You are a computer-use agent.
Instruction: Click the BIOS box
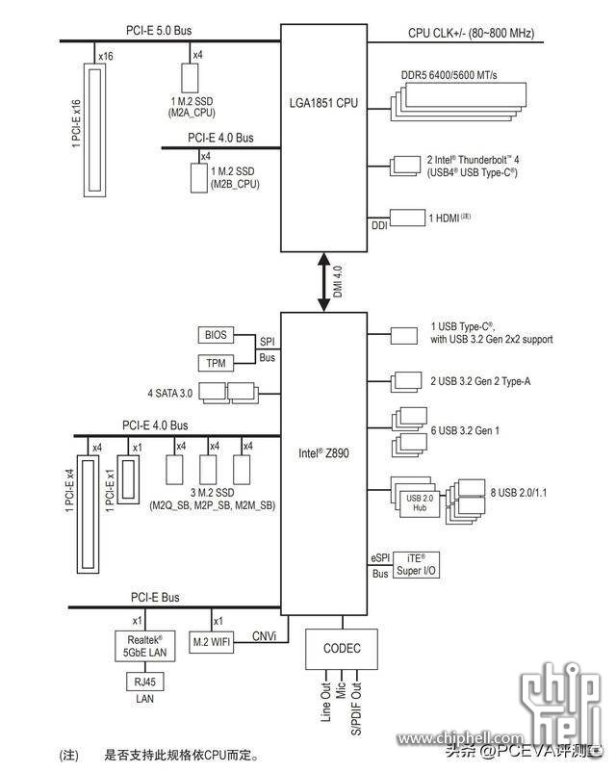(216, 335)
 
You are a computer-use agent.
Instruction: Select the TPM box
(216, 363)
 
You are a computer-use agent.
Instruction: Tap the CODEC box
(342, 649)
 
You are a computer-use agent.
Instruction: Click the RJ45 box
(144, 682)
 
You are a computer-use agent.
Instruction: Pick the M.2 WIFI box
(211, 642)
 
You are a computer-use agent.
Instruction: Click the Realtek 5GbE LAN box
(144, 646)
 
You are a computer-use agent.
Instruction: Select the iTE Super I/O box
(416, 565)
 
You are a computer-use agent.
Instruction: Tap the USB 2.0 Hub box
(420, 503)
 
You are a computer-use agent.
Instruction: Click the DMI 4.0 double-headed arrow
(323, 282)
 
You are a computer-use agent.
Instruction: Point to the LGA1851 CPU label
(323, 103)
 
